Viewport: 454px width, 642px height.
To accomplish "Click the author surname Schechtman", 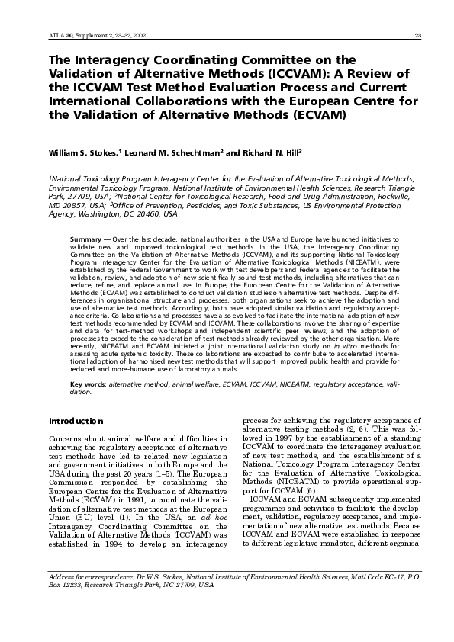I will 189,152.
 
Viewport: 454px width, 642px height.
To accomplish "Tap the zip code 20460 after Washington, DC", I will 152,216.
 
